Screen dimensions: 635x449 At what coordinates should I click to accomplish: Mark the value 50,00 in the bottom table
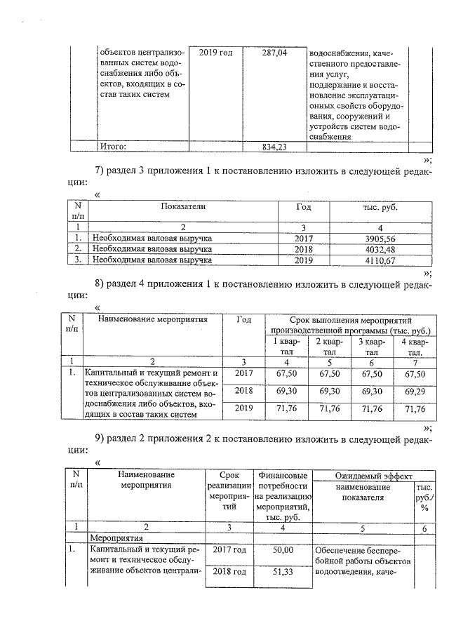(x=283, y=549)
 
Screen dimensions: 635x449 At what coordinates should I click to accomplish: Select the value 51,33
(x=283, y=572)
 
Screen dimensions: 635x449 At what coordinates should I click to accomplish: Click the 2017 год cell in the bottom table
(x=229, y=549)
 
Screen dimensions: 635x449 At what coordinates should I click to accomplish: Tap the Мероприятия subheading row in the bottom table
(x=116, y=537)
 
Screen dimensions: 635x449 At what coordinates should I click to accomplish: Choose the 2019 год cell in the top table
(x=216, y=53)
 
